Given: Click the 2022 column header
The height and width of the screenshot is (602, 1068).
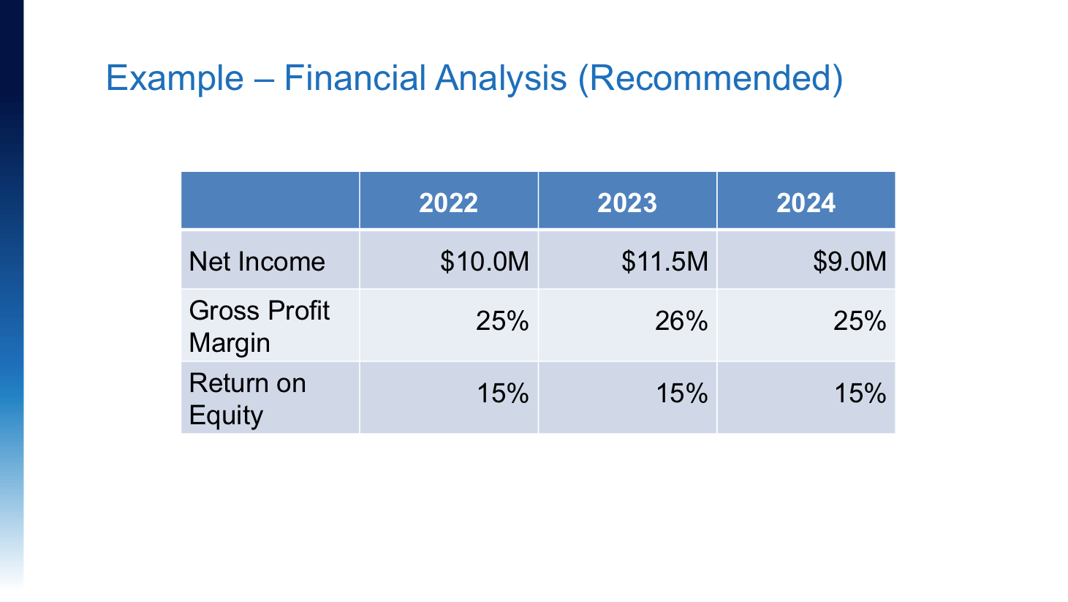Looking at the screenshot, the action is pyautogui.click(x=448, y=203).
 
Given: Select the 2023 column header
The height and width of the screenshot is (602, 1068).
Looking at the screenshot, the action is pyautogui.click(x=627, y=203).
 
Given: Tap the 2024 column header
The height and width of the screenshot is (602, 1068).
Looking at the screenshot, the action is pyautogui.click(x=806, y=203).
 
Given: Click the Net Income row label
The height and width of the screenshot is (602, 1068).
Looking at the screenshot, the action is pyautogui.click(x=257, y=261).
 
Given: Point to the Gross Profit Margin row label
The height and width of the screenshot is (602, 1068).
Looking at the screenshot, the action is pyautogui.click(x=259, y=327).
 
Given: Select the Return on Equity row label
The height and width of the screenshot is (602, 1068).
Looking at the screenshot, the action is pyautogui.click(x=248, y=399).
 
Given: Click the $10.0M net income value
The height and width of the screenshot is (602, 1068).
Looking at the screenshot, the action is pyautogui.click(x=485, y=261).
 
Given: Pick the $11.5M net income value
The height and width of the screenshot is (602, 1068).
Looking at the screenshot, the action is pyautogui.click(x=664, y=261).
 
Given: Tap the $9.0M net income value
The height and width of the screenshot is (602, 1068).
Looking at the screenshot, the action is pyautogui.click(x=849, y=261).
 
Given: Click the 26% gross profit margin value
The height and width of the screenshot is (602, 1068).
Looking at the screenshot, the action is pyautogui.click(x=681, y=320).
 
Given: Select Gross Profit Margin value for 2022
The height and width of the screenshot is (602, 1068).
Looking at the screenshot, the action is pyautogui.click(x=502, y=320).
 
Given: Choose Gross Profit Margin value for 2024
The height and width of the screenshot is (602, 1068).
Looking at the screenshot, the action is pyautogui.click(x=860, y=320).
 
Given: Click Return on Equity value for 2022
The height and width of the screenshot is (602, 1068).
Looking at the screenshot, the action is pyautogui.click(x=503, y=394).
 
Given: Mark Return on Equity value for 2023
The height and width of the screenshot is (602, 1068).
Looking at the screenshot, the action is pyautogui.click(x=682, y=394).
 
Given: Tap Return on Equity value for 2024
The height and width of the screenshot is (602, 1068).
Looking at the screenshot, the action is pyautogui.click(x=860, y=394).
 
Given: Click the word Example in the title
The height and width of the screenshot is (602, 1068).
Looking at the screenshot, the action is pyautogui.click(x=175, y=79).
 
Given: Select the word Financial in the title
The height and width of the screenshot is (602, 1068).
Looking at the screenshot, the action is pyautogui.click(x=355, y=78).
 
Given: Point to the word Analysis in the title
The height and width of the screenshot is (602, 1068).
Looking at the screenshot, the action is pyautogui.click(x=501, y=79).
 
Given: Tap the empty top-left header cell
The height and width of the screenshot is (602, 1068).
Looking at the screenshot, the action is pyautogui.click(x=270, y=200).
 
